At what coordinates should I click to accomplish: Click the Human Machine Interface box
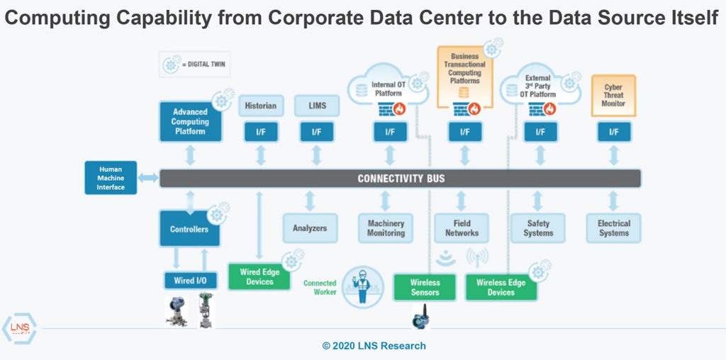tap(111, 178)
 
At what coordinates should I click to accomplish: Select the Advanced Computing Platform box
tap(190, 121)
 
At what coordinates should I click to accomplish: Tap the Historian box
tap(260, 106)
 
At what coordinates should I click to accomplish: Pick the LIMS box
tap(316, 106)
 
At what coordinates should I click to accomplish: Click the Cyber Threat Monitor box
tap(613, 96)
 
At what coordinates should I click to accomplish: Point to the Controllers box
tap(189, 229)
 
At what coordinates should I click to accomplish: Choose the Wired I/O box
tap(190, 281)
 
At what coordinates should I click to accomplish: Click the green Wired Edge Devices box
tap(259, 277)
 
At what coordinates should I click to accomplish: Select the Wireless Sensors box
tap(425, 287)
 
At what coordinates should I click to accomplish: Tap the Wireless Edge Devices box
tap(501, 287)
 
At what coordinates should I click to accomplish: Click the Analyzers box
tap(310, 228)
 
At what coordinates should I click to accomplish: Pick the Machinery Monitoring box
tap(386, 228)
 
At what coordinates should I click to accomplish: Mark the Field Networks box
tap(462, 228)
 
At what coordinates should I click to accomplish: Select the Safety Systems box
tap(538, 228)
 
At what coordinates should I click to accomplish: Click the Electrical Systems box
tap(613, 228)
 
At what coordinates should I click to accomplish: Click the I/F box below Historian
tap(260, 132)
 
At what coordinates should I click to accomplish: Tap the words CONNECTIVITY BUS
tap(401, 178)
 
